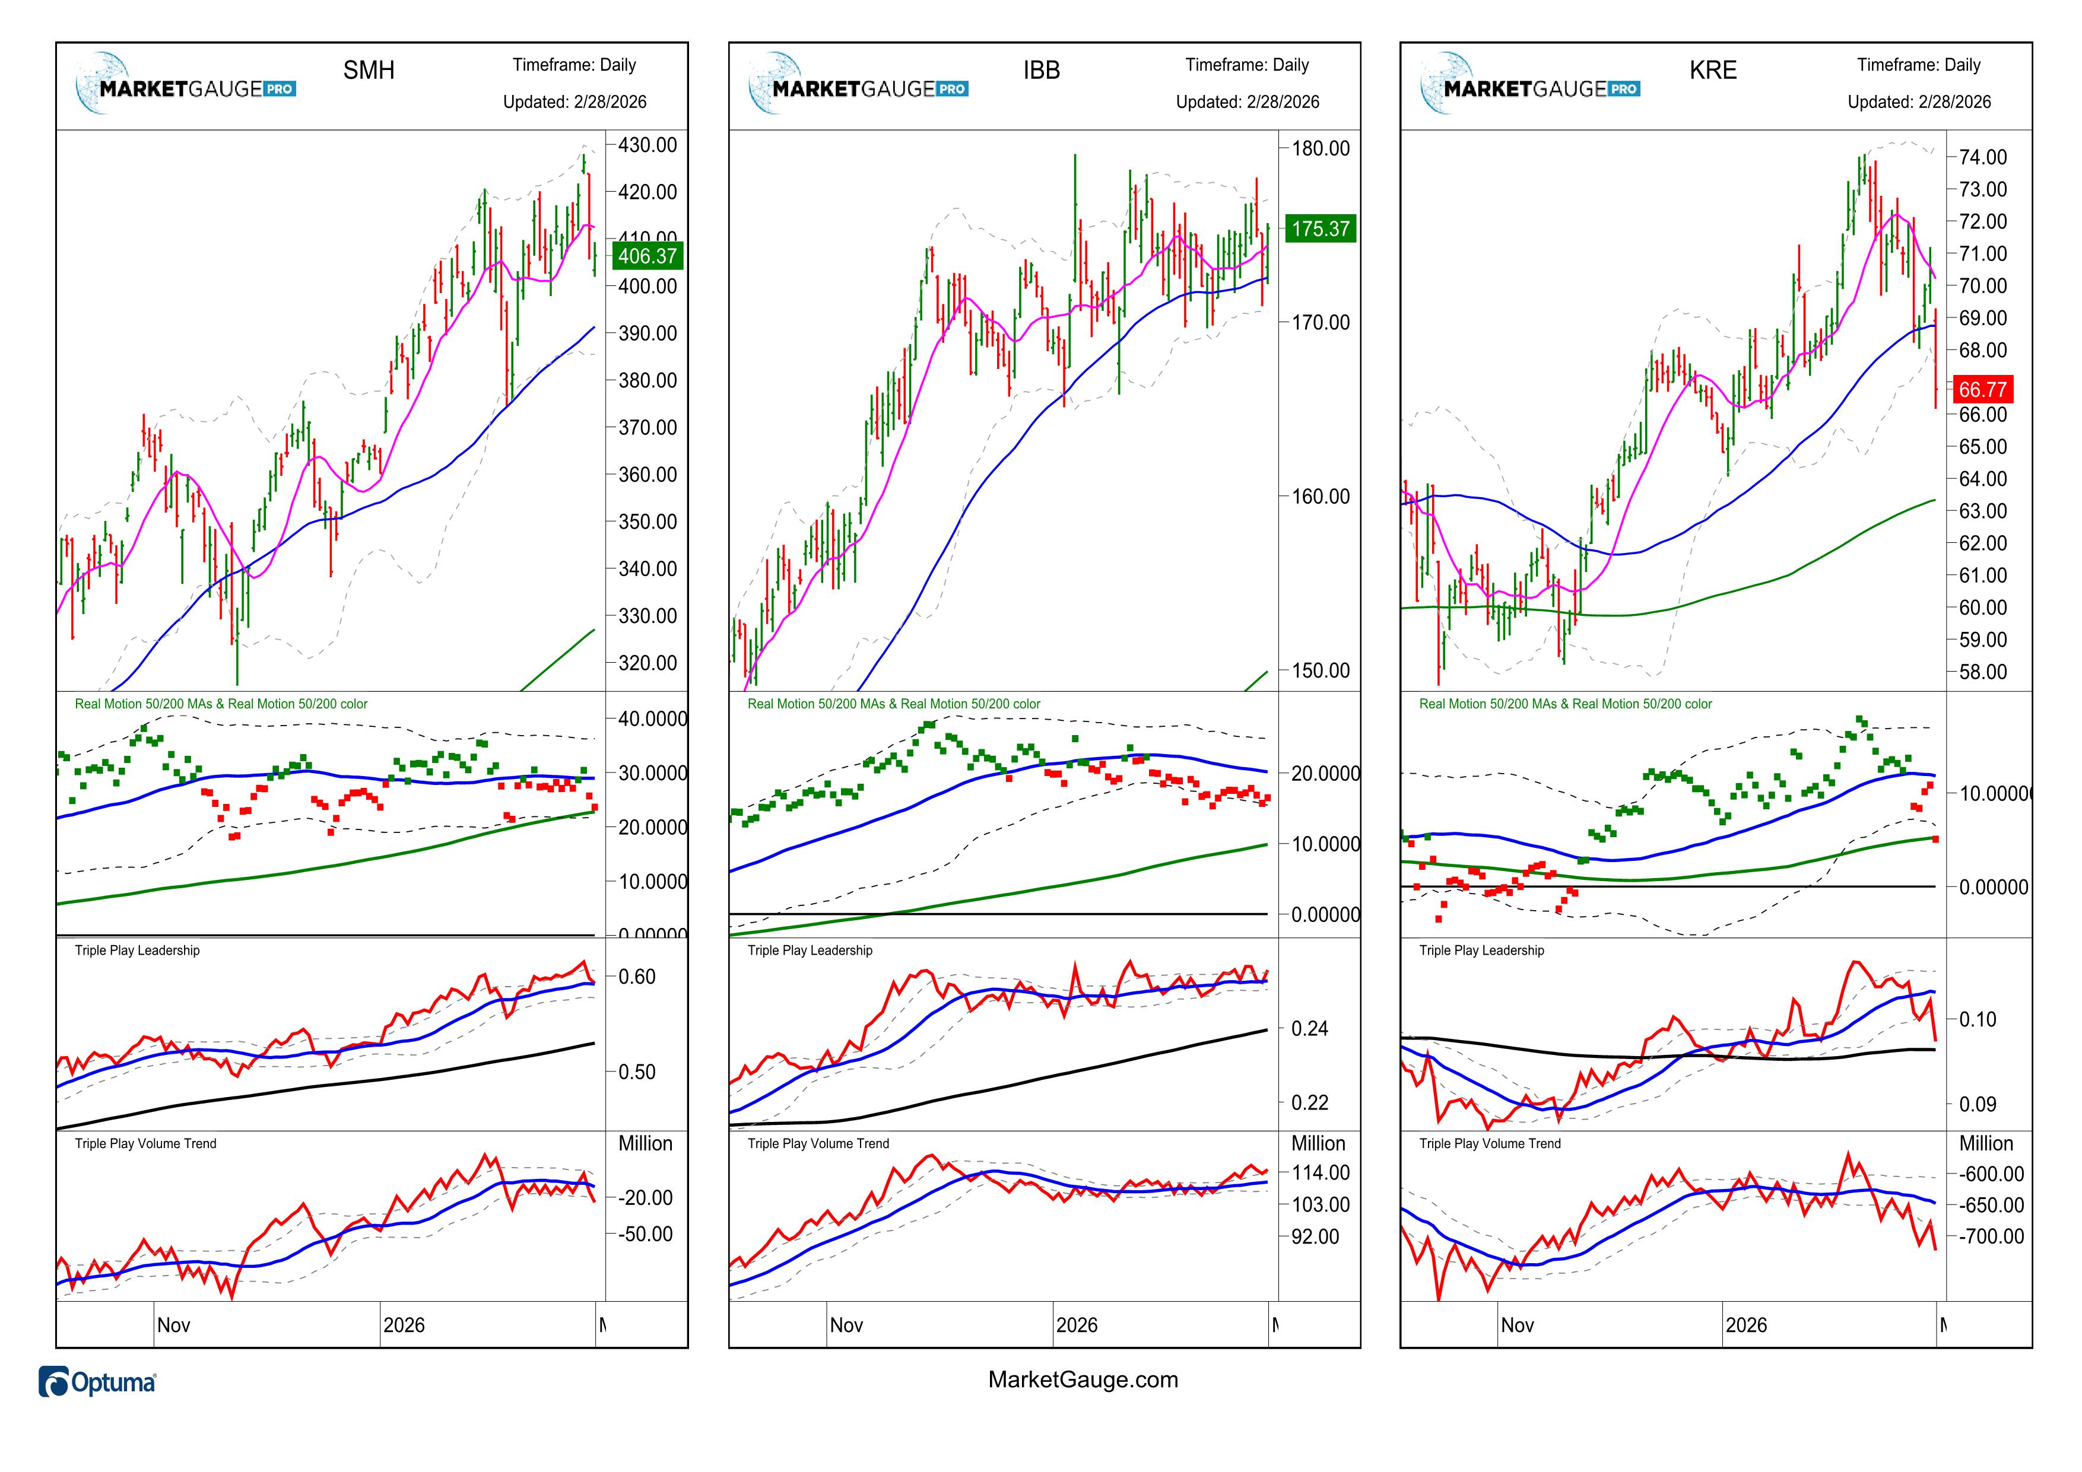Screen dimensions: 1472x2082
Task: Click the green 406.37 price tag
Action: (x=646, y=256)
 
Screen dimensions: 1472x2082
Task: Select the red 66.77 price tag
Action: (x=1982, y=390)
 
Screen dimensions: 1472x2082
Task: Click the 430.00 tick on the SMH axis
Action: (x=648, y=145)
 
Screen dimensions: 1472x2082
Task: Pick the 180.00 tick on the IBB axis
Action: (x=1321, y=149)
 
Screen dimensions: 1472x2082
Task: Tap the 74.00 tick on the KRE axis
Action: (x=1983, y=158)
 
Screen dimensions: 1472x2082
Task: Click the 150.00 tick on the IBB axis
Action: (x=1321, y=671)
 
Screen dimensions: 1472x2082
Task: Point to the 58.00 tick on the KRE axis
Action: (x=1983, y=673)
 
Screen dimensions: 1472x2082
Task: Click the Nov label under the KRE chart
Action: (x=1517, y=1325)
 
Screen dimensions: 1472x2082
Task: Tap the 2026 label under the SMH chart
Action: (x=404, y=1325)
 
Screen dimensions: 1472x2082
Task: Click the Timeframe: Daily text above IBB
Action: (x=1247, y=65)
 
